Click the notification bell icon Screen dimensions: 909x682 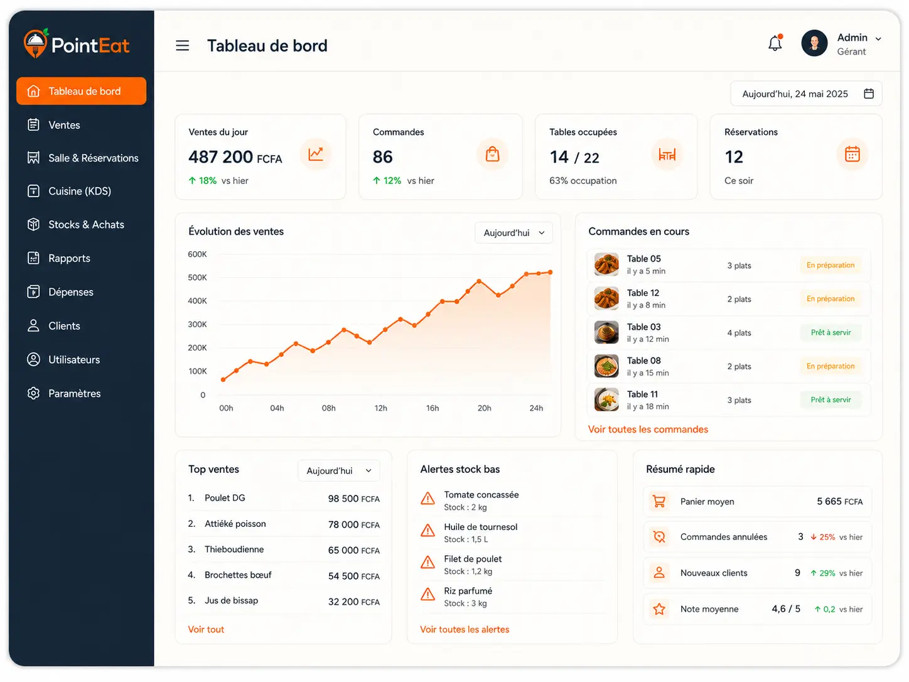pyautogui.click(x=775, y=43)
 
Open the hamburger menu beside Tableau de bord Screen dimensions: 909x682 pyautogui.click(x=182, y=45)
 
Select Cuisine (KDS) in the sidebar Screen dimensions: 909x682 pyautogui.click(x=80, y=191)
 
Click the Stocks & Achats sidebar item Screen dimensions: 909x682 pyautogui.click(x=86, y=224)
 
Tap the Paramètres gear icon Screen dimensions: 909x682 pyautogui.click(x=33, y=393)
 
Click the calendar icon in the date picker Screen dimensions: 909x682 pyautogui.click(x=868, y=94)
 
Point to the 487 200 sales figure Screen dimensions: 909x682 pyautogui.click(x=220, y=157)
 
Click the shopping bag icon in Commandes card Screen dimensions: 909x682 pyautogui.click(x=492, y=154)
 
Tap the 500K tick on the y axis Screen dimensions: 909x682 pyautogui.click(x=197, y=278)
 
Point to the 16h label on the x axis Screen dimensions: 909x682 pyautogui.click(x=433, y=408)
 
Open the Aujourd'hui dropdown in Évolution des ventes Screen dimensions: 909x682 pyautogui.click(x=514, y=233)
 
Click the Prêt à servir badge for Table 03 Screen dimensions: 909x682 pyautogui.click(x=831, y=332)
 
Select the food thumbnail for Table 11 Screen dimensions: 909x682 pyautogui.click(x=606, y=399)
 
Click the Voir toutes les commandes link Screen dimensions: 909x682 pyautogui.click(x=648, y=430)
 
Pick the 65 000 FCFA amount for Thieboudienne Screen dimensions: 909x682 pyautogui.click(x=353, y=550)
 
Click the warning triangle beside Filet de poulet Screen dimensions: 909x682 pyautogui.click(x=428, y=562)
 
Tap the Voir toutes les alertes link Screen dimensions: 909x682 pyautogui.click(x=465, y=629)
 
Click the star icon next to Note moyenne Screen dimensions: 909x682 pyautogui.click(x=659, y=609)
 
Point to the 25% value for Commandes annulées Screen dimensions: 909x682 pyautogui.click(x=827, y=537)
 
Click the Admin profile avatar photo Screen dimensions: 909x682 pyautogui.click(x=814, y=43)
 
